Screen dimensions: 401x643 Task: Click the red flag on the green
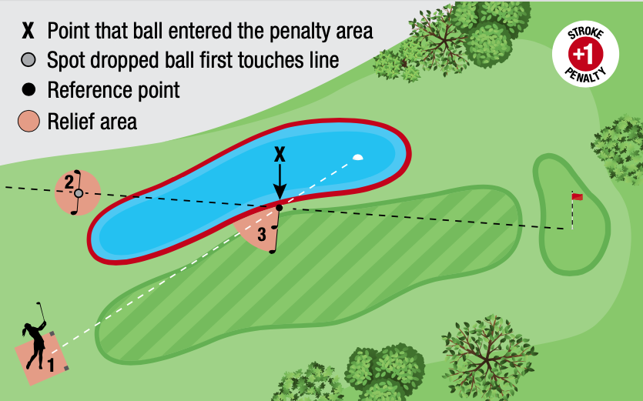click(x=576, y=197)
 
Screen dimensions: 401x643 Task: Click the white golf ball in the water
click(x=357, y=158)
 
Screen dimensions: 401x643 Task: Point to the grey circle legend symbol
click(x=28, y=60)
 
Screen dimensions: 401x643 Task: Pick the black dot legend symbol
click(x=28, y=90)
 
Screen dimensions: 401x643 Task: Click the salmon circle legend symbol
click(x=28, y=121)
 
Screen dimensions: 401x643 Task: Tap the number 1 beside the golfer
click(x=52, y=365)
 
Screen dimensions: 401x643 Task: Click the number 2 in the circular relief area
click(x=69, y=182)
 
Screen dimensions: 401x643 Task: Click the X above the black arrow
click(x=280, y=154)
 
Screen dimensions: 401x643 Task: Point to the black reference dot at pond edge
click(x=280, y=208)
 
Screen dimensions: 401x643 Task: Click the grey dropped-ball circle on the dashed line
click(x=78, y=193)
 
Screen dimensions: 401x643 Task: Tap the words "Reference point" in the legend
click(x=113, y=90)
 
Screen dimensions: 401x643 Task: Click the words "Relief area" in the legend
click(x=92, y=121)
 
